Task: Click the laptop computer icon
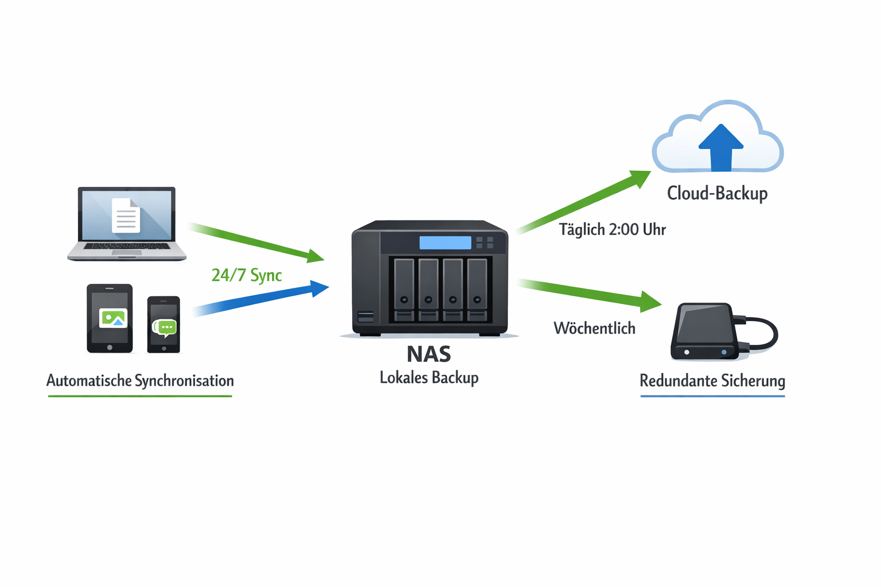pos(127,224)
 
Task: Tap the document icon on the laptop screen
pos(126,215)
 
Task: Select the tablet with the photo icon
pos(110,318)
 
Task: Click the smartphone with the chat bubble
pos(163,324)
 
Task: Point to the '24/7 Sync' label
pos(247,275)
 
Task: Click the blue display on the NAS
pos(445,242)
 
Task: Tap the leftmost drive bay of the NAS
pos(404,289)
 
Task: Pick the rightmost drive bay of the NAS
pos(477,289)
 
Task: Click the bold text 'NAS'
pos(428,354)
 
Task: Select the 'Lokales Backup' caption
pos(429,378)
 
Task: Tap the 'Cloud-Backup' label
pos(717,194)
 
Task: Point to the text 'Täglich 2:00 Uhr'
pos(612,230)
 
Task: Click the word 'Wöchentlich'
pos(594,328)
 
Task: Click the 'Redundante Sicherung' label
pos(712,381)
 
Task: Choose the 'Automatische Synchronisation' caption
pos(140,381)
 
